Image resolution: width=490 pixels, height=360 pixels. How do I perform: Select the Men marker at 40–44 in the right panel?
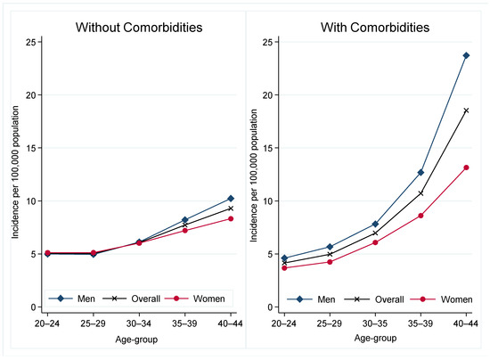point(466,55)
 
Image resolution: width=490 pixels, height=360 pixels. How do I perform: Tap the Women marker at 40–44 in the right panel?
point(466,168)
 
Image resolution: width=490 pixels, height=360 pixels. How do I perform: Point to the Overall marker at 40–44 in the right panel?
point(466,110)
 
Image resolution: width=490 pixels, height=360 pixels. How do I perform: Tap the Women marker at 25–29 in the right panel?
point(329,262)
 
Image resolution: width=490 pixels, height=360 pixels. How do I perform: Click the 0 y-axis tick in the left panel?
point(33,307)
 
